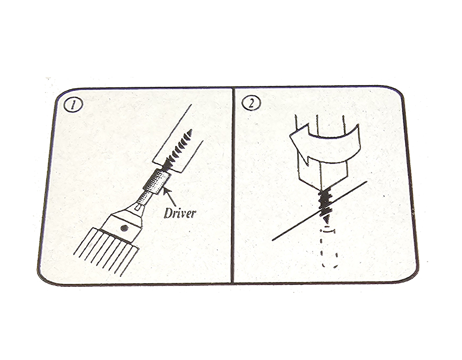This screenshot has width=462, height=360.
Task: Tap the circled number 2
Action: (251, 103)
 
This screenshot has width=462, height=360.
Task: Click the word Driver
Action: (179, 213)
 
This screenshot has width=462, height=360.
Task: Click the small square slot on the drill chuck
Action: (136, 209)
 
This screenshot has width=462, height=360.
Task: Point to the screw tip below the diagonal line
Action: (327, 220)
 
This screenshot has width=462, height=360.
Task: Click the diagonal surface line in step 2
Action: (319, 211)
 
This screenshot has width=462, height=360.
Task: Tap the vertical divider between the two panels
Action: (233, 186)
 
